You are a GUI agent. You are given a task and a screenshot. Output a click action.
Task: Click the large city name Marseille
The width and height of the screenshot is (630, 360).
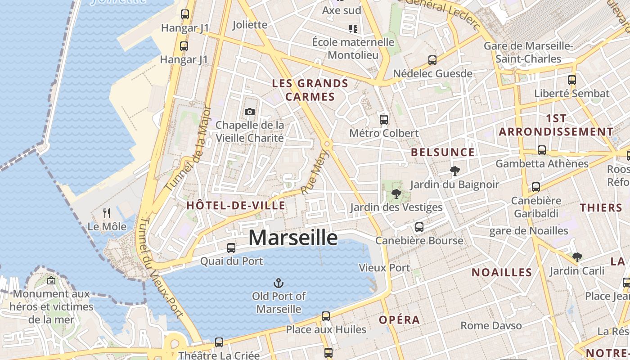[293, 238]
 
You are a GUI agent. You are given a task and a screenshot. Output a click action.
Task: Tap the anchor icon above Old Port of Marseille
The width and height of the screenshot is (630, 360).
[279, 283]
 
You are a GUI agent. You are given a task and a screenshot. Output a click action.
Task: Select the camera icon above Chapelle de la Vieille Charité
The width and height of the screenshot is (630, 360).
[249, 111]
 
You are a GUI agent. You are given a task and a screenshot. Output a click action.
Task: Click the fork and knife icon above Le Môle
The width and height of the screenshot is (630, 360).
[107, 212]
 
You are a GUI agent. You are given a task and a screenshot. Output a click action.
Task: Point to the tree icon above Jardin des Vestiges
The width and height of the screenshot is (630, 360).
[396, 194]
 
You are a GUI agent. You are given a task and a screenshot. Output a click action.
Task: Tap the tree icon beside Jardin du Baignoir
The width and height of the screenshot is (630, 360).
[454, 171]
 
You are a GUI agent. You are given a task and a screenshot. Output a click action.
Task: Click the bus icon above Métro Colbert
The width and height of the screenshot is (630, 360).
[384, 120]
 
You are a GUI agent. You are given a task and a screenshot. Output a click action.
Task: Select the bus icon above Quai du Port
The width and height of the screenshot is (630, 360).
[231, 247]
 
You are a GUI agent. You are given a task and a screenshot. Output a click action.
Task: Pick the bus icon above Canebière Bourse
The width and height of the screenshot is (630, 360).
[419, 227]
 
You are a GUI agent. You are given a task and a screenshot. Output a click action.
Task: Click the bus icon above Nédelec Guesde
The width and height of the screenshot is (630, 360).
[432, 60]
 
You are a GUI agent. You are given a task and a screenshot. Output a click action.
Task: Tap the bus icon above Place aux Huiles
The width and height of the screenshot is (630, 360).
[326, 316]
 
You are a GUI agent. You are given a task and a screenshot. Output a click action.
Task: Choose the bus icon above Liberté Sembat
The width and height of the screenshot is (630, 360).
[571, 80]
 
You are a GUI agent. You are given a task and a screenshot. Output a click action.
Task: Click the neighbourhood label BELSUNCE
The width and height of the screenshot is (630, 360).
[443, 152]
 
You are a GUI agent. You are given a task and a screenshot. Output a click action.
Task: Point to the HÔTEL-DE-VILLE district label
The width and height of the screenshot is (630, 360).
[236, 206]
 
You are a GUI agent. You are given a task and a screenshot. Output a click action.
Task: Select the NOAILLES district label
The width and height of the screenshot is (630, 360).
[502, 272]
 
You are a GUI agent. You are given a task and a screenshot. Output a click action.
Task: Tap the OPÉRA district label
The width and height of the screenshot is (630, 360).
[399, 320]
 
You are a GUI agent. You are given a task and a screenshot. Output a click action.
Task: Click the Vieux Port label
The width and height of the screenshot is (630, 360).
[384, 268]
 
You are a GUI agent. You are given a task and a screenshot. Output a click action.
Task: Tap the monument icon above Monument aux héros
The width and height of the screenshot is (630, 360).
[51, 280]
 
